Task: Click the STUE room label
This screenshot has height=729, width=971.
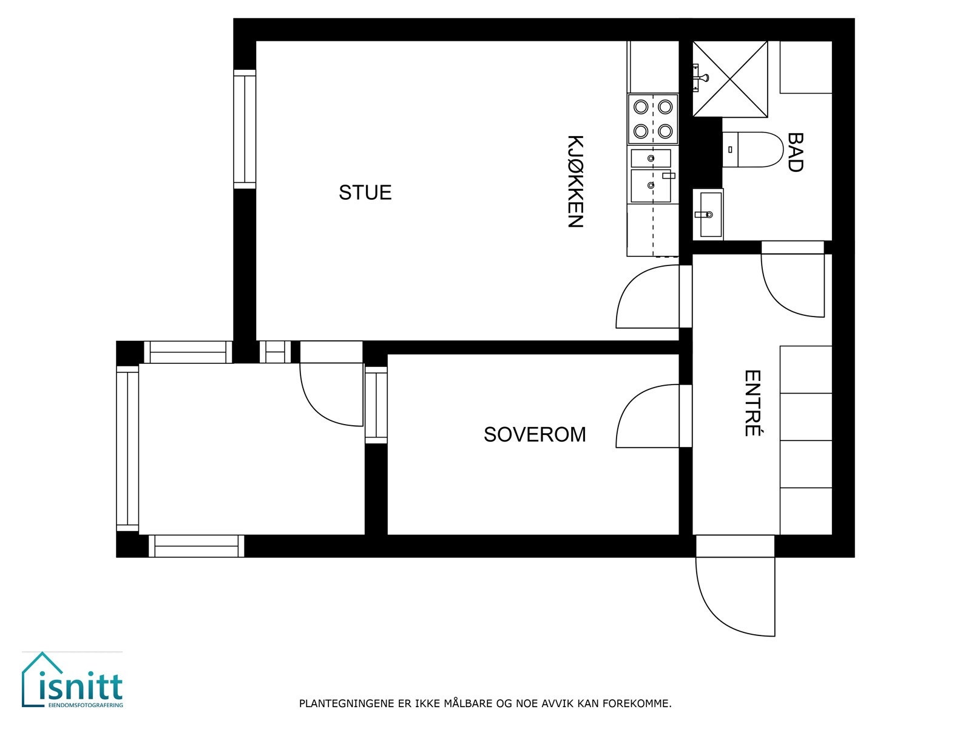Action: coord(365,193)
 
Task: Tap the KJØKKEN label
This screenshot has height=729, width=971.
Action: coord(575,181)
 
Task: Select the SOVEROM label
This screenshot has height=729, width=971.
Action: coord(535,434)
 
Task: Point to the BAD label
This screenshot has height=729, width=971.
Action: coord(794,152)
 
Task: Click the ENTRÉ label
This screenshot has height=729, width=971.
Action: coord(753,403)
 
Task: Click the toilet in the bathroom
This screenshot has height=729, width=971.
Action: coord(753,149)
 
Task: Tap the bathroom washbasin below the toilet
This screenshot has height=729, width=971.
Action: coord(708,214)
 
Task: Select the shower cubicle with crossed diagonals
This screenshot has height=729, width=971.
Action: coord(730,78)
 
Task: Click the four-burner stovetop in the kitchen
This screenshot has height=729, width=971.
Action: coord(652,118)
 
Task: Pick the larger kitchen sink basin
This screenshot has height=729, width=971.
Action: coord(651,186)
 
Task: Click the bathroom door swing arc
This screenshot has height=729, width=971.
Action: coord(791,286)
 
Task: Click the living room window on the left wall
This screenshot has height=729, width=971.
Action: coord(245,129)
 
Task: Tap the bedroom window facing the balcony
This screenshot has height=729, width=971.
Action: coord(376,405)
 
